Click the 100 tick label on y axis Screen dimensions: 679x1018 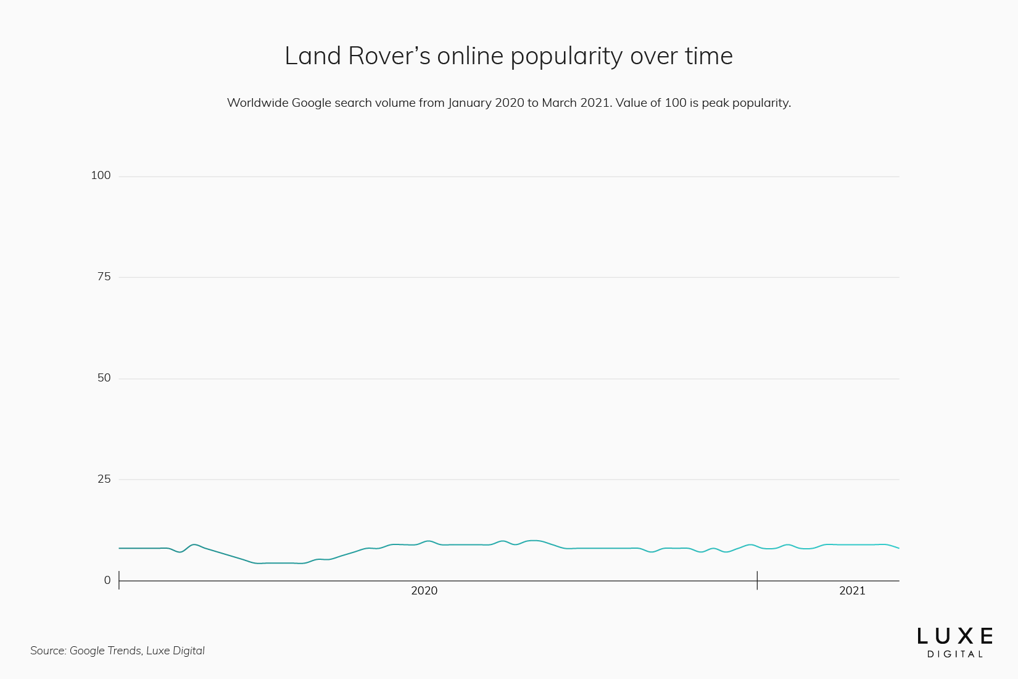[101, 175]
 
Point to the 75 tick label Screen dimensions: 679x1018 [104, 277]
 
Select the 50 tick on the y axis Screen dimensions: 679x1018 [104, 378]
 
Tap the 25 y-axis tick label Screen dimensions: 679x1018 [104, 479]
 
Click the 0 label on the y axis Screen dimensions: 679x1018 [107, 580]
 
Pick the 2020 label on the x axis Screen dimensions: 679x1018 [424, 591]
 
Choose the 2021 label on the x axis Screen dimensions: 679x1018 [852, 591]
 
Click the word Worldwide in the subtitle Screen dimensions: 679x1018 [257, 102]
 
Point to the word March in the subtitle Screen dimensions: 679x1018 [559, 102]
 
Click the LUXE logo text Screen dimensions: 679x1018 [954, 636]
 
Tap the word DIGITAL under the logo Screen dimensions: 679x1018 [954, 654]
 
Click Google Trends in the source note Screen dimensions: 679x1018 [105, 651]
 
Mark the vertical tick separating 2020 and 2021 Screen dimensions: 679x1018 [757, 580]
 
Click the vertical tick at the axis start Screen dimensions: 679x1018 [119, 580]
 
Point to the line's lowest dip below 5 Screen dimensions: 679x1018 [259, 563]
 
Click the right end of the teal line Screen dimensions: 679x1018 [899, 548]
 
